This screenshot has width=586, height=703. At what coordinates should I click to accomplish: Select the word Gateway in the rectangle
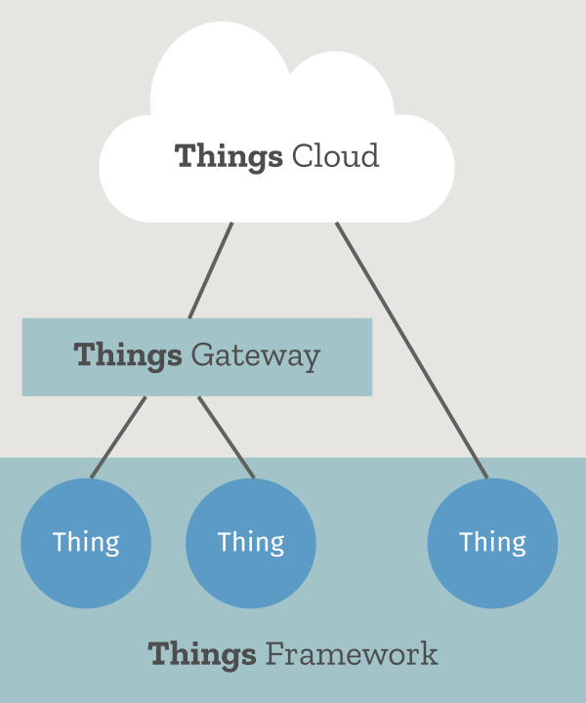[x=256, y=355]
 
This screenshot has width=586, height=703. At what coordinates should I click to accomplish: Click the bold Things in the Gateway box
[x=128, y=355]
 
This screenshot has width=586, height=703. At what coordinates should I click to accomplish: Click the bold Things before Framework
[x=202, y=653]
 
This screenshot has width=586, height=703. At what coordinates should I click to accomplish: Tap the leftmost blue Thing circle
[x=86, y=543]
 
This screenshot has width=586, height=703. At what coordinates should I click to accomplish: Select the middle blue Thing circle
[x=251, y=543]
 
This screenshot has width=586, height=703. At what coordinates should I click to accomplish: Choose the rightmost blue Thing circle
[x=492, y=543]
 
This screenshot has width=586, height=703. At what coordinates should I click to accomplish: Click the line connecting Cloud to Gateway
[x=211, y=269]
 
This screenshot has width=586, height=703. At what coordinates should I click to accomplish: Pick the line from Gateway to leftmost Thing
[x=118, y=436]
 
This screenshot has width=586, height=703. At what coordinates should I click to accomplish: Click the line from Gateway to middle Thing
[x=226, y=436]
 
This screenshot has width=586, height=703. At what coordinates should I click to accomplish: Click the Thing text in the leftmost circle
[x=86, y=543]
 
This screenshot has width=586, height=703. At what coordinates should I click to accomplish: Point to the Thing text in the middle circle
[x=251, y=543]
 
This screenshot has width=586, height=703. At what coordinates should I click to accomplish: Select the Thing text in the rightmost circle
[x=492, y=543]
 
